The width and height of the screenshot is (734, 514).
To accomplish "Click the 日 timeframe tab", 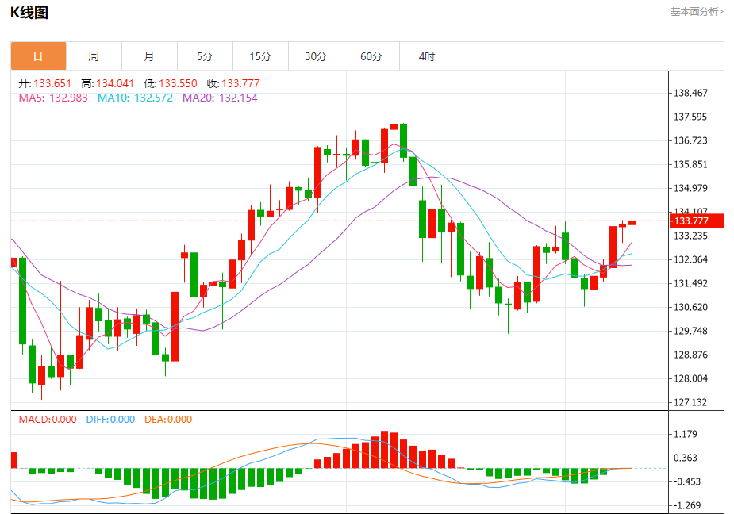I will coord(38,56).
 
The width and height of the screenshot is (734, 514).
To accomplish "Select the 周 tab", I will coord(94,56).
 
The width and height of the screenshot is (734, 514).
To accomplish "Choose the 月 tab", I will coord(149,56).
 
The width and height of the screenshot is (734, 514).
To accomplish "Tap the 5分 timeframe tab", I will coord(205,56).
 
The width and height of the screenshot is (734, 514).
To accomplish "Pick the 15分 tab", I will coord(260,56).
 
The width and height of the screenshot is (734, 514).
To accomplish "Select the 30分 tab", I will coord(316,56).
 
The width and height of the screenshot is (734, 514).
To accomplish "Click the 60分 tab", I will coord(371,56).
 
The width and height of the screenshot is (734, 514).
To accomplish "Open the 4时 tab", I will coord(427,56).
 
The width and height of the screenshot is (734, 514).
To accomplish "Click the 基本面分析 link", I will coord(697,12).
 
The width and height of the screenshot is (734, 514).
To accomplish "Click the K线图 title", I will coord(29,12).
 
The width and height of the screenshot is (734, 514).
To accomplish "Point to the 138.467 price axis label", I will coord(690,93).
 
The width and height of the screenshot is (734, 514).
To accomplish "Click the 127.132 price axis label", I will coord(690,402).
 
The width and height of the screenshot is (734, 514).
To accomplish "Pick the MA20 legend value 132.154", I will coord(238,98).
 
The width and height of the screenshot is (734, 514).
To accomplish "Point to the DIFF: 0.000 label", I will coord(110,420).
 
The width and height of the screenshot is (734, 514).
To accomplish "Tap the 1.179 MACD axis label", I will coord(686,434).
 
